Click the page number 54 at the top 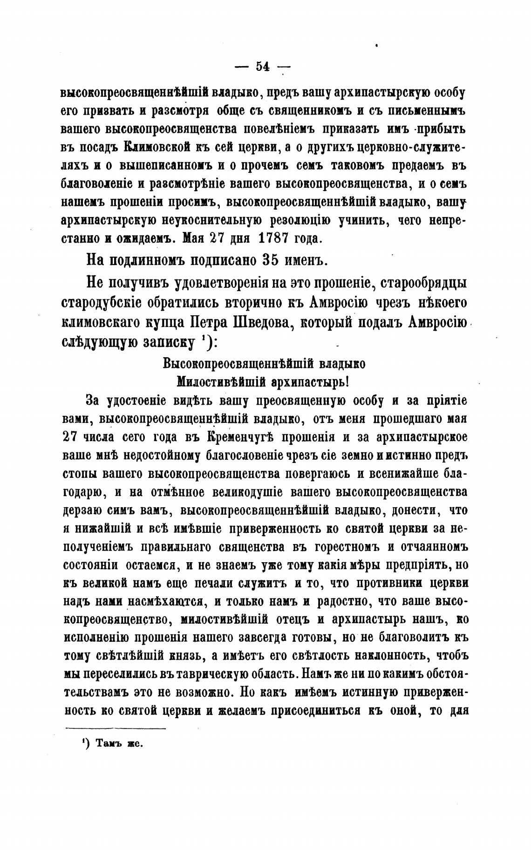(x=262, y=67)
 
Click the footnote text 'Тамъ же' (x=119, y=743)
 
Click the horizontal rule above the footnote (x=116, y=728)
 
